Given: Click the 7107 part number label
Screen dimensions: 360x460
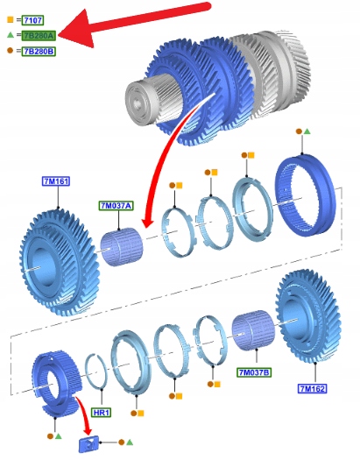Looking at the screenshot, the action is tap(33, 20).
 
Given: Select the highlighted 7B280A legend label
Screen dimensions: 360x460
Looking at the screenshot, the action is tap(39, 36).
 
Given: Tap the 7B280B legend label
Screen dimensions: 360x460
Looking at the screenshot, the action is tap(39, 52).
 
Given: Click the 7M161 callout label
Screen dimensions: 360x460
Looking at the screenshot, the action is tap(56, 181).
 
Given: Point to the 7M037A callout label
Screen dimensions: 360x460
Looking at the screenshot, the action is tap(116, 206).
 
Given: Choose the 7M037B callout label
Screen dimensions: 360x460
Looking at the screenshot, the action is tap(254, 372).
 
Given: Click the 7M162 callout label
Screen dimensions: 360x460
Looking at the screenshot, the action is tap(312, 389).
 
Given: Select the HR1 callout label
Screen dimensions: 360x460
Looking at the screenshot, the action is tap(101, 413).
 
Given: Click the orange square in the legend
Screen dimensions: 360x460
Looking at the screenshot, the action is tap(11, 19).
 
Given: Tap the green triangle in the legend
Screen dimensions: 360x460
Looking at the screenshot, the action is tap(11, 35).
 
